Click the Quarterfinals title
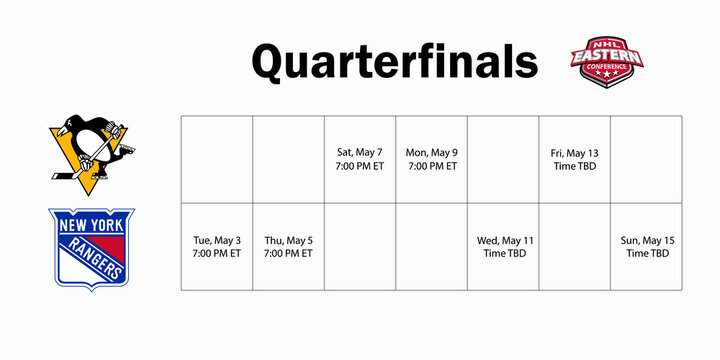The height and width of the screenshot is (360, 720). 394,62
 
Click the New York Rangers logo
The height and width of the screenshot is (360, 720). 91,248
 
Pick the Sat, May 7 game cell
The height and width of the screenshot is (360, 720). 360,159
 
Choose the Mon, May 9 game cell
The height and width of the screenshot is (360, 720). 432,159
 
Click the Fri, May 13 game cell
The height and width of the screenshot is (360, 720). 574,159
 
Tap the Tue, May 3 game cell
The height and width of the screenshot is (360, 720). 216,247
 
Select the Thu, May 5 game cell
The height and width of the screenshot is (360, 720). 288,247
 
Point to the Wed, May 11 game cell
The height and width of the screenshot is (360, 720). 503,247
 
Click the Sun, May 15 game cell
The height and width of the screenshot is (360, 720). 646,247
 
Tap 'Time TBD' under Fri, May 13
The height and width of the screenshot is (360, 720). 574,166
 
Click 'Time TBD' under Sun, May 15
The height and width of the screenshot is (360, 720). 647,254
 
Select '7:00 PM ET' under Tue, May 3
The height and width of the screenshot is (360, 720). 216,254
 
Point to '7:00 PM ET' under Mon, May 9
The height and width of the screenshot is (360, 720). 432,166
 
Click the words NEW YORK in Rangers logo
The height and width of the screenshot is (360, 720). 91,225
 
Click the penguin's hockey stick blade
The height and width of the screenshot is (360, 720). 60,177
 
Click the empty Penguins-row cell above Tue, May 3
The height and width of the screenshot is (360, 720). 216,159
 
